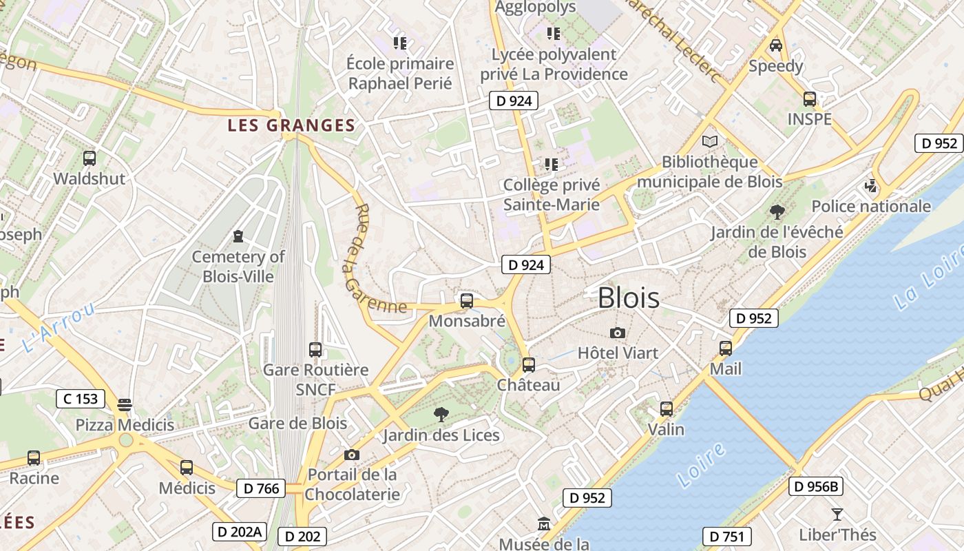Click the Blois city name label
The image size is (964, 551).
point(628,298)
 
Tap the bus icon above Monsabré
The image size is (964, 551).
point(466,301)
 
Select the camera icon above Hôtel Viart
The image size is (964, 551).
point(618,333)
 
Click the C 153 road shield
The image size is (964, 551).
point(80,398)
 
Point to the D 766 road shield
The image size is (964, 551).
point(261,488)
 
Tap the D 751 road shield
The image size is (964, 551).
point(726,537)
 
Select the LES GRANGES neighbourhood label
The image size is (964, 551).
point(291,125)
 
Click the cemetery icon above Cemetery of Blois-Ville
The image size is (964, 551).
point(238,237)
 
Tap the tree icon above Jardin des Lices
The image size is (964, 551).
point(441,415)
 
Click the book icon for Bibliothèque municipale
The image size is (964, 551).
point(709,142)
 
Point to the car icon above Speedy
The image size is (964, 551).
point(776,46)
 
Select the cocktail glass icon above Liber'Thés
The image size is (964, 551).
point(837,514)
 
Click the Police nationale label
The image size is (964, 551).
point(871,206)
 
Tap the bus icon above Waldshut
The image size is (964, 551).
point(90,158)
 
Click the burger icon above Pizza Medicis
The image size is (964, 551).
point(125,404)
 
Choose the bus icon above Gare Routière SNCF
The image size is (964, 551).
point(315,350)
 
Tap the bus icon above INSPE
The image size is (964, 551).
point(810,99)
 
